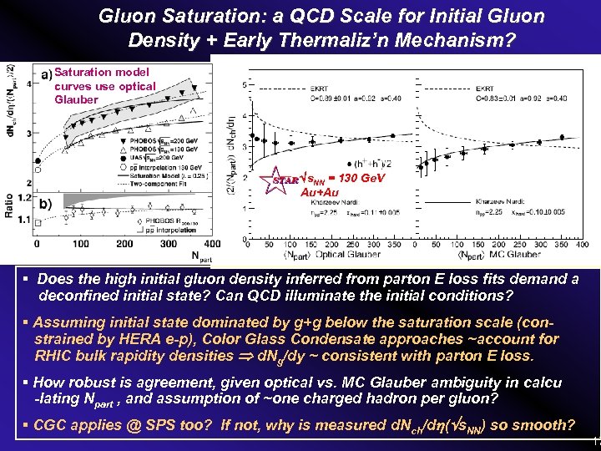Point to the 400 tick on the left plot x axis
pos(212,244)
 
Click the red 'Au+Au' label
pos(319,192)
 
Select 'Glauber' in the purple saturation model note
pos(75,99)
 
